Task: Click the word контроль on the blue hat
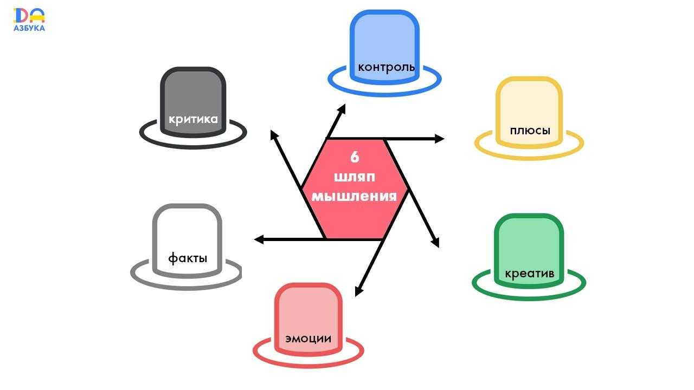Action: pos(386,68)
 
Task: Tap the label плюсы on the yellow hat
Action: pos(530,131)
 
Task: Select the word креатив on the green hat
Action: pos(529,274)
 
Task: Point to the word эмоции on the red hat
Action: pos(308,339)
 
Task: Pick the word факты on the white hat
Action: pos(188,258)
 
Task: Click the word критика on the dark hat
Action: pos(193,119)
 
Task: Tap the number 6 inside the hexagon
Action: pos(355,157)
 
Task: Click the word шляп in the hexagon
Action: pos(355,177)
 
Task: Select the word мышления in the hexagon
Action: pos(354,196)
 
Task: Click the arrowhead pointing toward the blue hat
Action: pos(342,108)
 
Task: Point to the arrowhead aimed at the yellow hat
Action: pos(440,139)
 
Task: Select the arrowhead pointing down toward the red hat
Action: pos(358,291)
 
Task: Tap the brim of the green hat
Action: pos(529,295)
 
